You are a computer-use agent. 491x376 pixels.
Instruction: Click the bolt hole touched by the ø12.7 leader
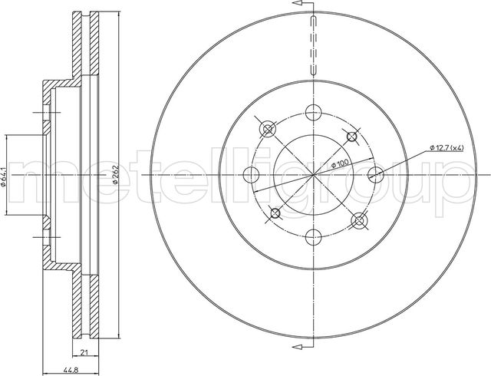click(x=376, y=174)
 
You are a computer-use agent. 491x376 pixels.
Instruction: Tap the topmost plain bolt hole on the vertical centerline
click(x=312, y=112)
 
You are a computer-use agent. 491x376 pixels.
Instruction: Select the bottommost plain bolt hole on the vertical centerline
click(x=312, y=238)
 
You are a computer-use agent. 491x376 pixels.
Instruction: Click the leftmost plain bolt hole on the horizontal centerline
click(x=250, y=174)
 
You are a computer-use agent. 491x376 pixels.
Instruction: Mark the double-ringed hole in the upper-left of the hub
click(x=267, y=129)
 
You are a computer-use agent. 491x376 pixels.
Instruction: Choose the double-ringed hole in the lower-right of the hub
click(x=358, y=220)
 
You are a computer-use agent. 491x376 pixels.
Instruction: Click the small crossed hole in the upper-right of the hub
click(x=352, y=137)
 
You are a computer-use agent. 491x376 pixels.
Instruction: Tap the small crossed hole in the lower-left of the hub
click(x=274, y=213)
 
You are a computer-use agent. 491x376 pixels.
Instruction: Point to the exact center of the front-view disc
click(x=313, y=175)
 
